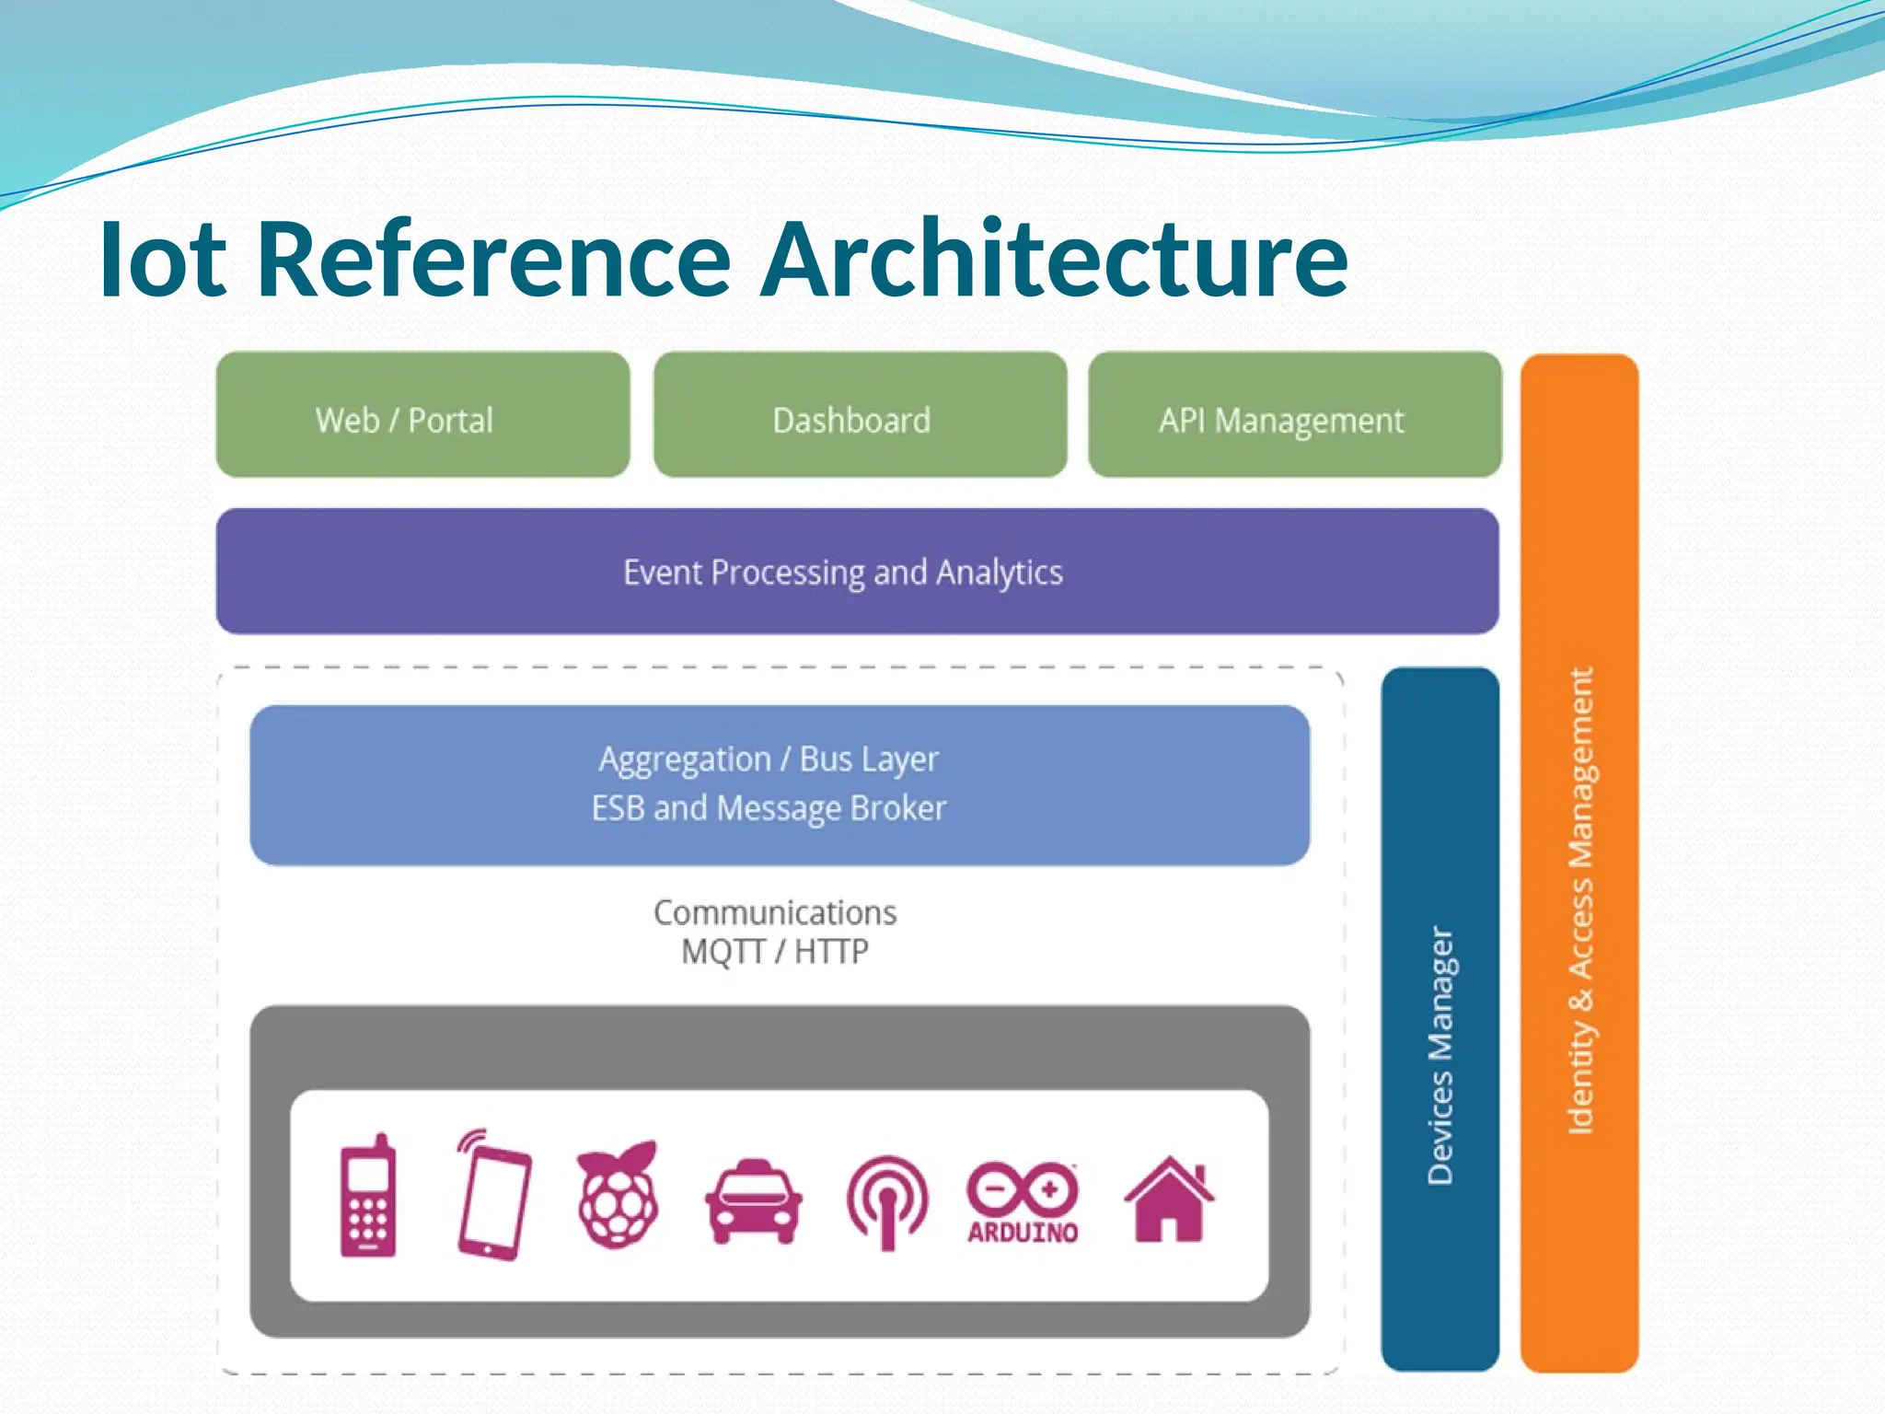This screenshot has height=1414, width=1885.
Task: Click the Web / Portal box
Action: tap(422, 415)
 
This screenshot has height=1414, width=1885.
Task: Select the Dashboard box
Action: tap(860, 415)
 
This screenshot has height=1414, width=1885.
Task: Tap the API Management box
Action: tap(1294, 415)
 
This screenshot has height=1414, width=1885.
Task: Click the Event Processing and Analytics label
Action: tap(843, 573)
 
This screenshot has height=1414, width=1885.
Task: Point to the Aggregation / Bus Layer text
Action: tap(769, 760)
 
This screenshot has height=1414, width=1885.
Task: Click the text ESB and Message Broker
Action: tap(769, 808)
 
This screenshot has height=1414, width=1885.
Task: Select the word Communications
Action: tap(775, 912)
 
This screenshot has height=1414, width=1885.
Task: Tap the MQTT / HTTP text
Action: tap(775, 951)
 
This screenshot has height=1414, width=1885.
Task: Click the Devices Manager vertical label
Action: tap(1440, 1055)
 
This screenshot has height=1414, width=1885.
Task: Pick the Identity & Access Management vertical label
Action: tap(1579, 900)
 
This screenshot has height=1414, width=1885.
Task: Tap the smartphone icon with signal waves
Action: tap(492, 1195)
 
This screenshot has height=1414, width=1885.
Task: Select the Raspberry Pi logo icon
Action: tap(618, 1195)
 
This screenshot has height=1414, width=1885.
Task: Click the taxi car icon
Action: tap(753, 1201)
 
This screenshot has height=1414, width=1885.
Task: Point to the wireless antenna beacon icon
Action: tap(887, 1201)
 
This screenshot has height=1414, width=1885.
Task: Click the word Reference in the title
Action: tap(493, 260)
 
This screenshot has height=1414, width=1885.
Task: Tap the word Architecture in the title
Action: tap(1055, 260)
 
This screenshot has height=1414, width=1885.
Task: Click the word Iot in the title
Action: tap(163, 260)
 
